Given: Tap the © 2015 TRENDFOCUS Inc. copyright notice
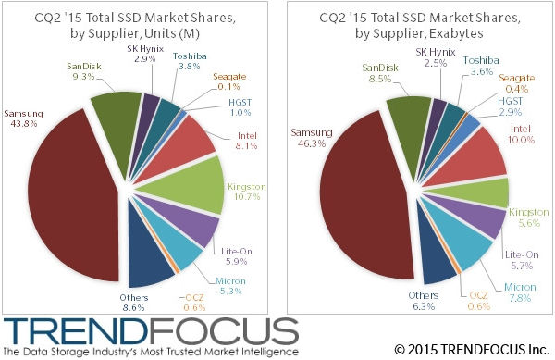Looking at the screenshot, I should [469, 350].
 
